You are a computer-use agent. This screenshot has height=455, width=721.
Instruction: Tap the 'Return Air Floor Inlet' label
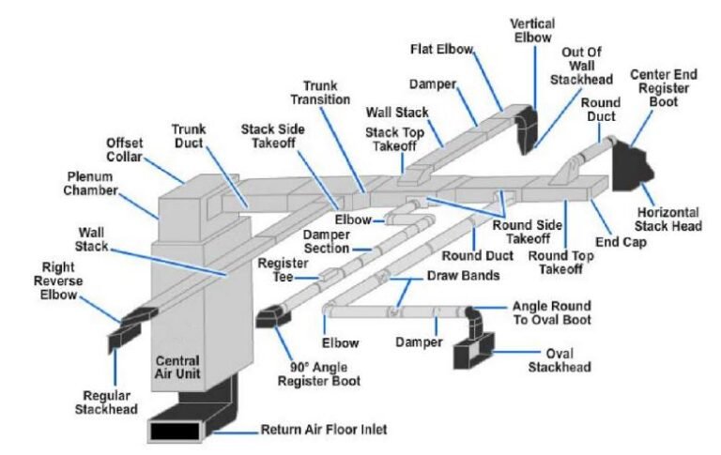(323, 430)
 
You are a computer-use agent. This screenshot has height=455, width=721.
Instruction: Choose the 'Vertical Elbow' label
(531, 29)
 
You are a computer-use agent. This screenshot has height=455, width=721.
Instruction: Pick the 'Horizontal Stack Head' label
(669, 219)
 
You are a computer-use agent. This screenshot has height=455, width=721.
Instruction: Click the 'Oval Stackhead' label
(559, 360)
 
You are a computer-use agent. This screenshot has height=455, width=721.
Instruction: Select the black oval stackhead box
(472, 355)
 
